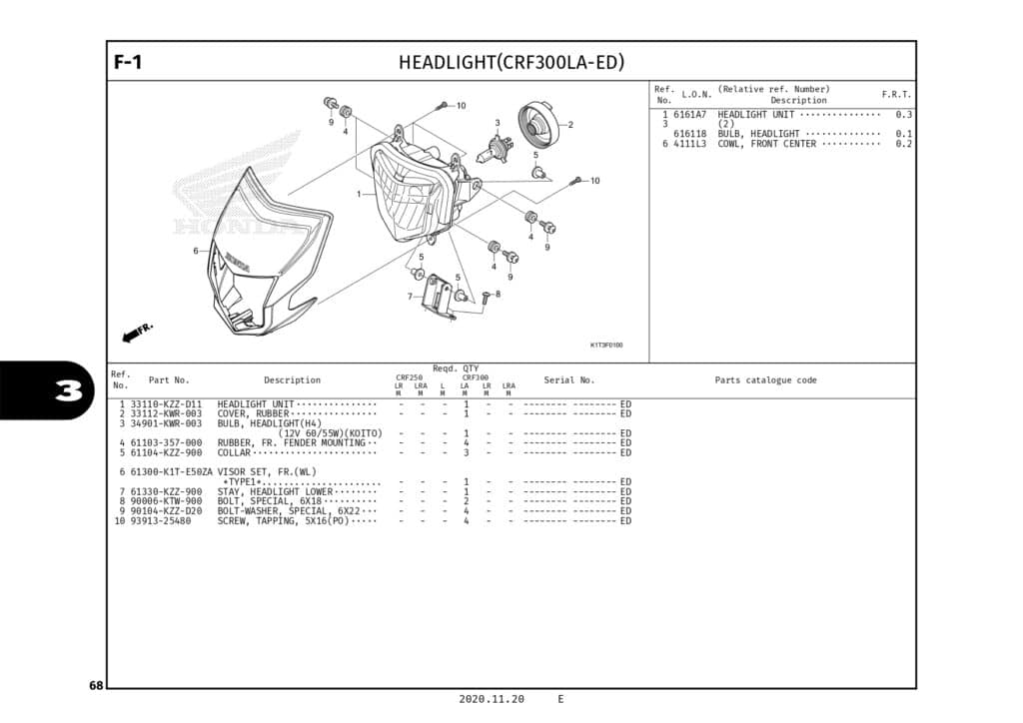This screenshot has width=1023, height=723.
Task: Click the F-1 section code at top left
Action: (128, 62)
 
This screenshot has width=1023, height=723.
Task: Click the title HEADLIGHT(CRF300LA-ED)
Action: (511, 62)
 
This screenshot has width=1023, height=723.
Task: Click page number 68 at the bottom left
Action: (96, 685)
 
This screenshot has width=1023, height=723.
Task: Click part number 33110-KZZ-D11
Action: (166, 404)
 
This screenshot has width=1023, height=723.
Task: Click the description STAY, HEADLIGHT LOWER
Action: (275, 491)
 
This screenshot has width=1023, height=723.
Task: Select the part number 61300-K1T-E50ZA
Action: (172, 471)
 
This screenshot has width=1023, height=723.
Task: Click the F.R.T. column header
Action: (896, 94)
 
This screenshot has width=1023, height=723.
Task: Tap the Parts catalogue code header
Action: (765, 380)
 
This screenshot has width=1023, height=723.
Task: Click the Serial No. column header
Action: (568, 380)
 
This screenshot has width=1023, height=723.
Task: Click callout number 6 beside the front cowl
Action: (196, 251)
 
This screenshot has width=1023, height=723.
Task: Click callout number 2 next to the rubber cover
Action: (570, 125)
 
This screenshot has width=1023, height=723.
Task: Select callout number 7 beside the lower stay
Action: (409, 297)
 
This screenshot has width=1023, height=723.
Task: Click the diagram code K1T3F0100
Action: (606, 346)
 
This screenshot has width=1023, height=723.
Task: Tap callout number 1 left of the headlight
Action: (359, 194)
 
